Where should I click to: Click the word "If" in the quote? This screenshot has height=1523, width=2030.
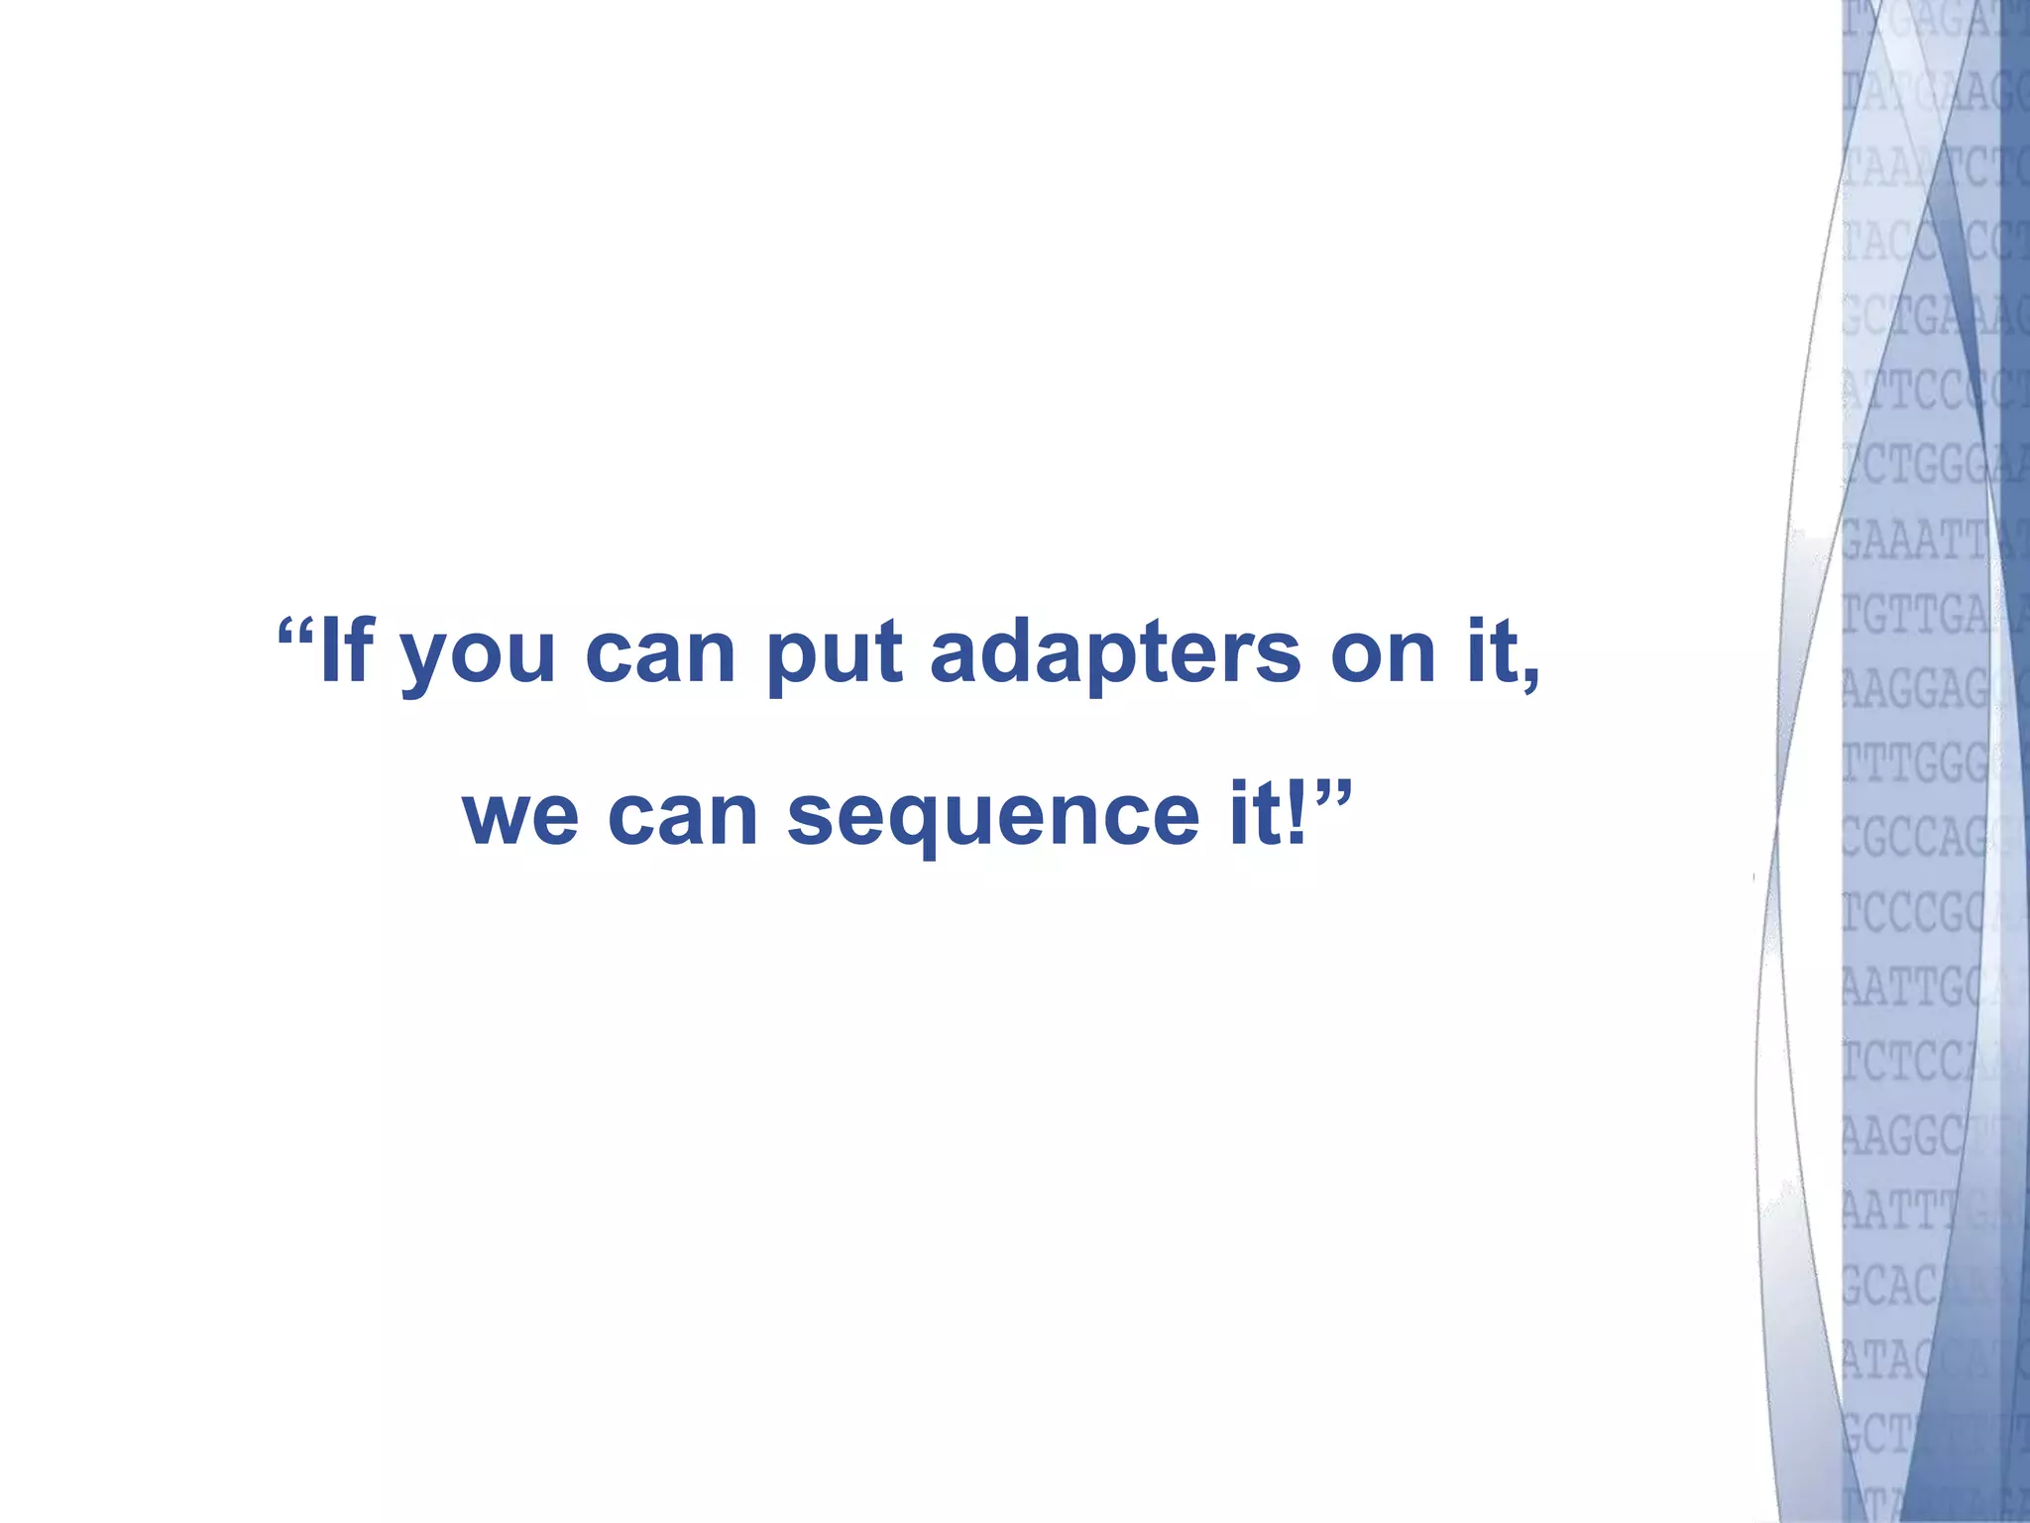pyautogui.click(x=346, y=650)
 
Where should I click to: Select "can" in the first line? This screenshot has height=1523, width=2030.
pyautogui.click(x=660, y=654)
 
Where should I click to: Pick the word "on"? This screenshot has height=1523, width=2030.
pyautogui.click(x=1383, y=654)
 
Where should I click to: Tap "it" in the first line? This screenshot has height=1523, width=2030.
pyautogui.click(x=1492, y=650)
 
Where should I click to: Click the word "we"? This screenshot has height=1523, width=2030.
pyautogui.click(x=520, y=817)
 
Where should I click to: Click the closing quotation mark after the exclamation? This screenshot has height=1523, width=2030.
pyautogui.click(x=1334, y=793)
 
